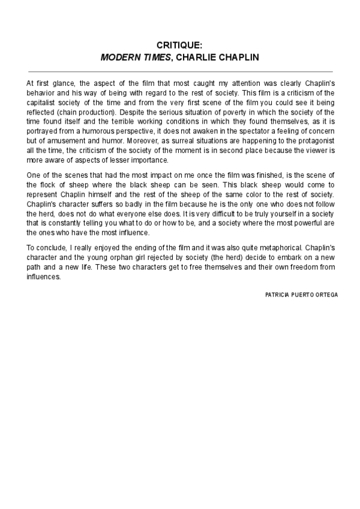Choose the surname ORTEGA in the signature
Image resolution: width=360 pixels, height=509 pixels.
(325, 295)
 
